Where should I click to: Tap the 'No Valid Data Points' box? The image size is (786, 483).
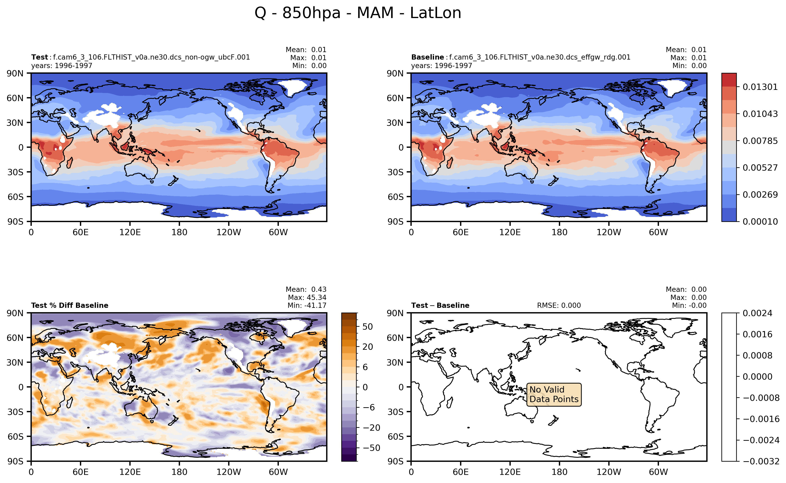click(x=554, y=395)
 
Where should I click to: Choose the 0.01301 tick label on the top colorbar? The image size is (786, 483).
click(x=760, y=87)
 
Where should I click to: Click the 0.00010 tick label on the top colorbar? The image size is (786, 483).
click(x=760, y=222)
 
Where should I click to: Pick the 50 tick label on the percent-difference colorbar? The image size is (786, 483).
click(x=367, y=327)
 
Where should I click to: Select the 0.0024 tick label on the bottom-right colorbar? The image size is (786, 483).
click(x=757, y=313)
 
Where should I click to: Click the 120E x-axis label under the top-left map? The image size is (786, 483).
click(x=130, y=232)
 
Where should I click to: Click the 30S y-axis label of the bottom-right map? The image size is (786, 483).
click(x=395, y=412)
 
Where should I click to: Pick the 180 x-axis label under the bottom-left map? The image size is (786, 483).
click(x=179, y=472)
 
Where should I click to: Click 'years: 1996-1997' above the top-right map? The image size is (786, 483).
click(x=442, y=66)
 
